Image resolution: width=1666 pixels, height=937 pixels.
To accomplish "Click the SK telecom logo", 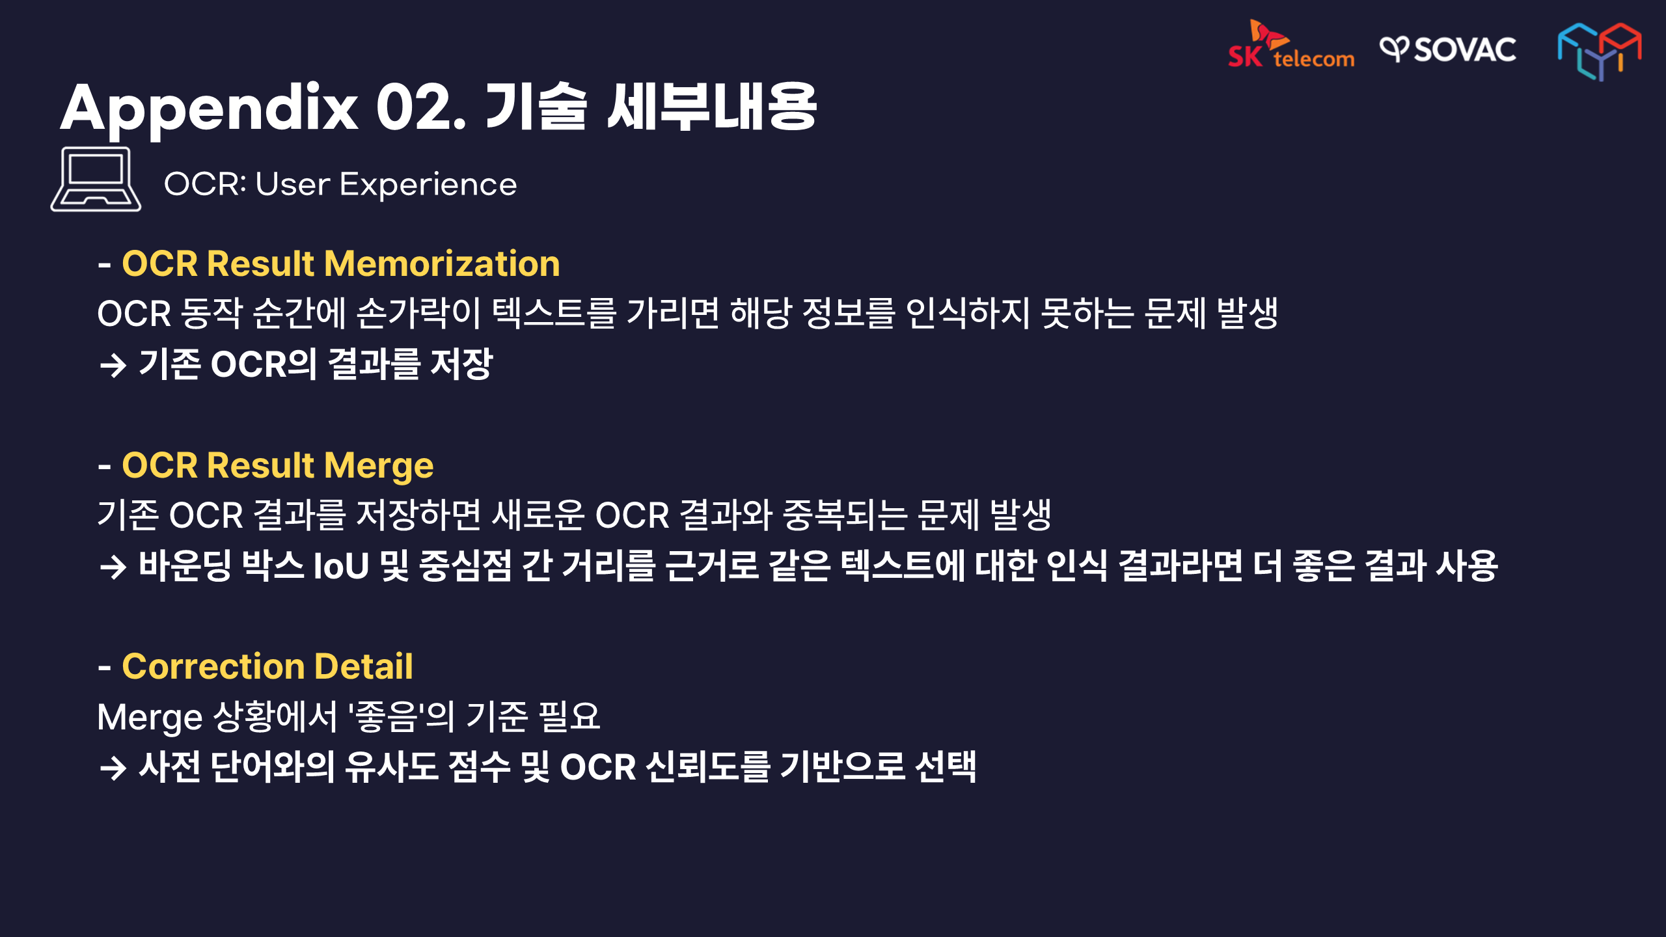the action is [x=1290, y=44].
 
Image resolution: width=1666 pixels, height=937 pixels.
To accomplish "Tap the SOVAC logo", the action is [x=1448, y=49].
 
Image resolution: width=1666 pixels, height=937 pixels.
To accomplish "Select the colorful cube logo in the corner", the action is [x=1599, y=51].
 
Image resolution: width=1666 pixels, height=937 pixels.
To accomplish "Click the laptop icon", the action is [x=96, y=179].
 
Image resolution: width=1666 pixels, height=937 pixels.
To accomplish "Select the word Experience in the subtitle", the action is [x=428, y=185].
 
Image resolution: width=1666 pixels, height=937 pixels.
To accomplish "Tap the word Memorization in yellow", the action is [x=442, y=264].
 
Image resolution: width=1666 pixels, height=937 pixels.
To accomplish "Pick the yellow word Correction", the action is [x=213, y=667].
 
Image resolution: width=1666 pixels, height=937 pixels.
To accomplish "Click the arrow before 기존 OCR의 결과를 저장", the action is [x=113, y=365].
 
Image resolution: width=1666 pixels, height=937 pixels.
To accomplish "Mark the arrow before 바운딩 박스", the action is [x=113, y=567].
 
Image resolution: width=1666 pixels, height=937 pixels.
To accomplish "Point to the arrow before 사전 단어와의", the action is [x=113, y=768].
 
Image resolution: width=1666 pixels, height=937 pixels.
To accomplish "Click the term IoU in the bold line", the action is [x=341, y=565].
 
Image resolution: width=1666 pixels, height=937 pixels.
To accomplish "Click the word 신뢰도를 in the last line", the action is [x=709, y=767].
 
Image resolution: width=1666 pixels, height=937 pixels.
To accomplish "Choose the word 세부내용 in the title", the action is [x=711, y=107].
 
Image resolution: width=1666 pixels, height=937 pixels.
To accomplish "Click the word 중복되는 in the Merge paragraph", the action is [x=844, y=515].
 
